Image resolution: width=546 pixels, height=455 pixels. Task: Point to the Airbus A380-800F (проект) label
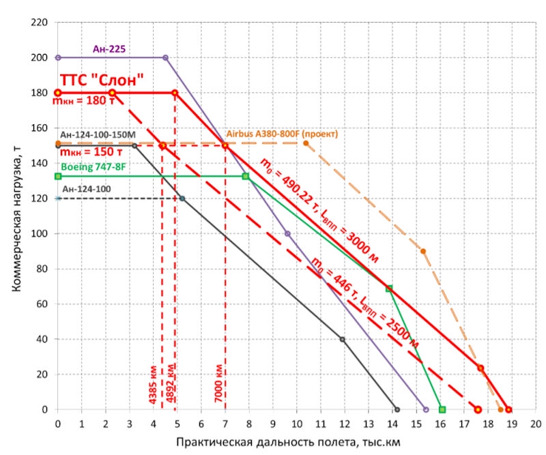[x=283, y=134]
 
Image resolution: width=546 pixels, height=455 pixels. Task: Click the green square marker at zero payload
[x=442, y=409]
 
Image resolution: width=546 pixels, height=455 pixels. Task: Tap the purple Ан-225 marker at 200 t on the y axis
[x=58, y=57]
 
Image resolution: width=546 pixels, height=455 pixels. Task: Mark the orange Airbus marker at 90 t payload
[x=423, y=251]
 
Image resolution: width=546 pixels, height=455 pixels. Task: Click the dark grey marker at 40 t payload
[x=342, y=339]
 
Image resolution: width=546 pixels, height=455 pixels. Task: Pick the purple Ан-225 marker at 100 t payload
[x=287, y=233]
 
